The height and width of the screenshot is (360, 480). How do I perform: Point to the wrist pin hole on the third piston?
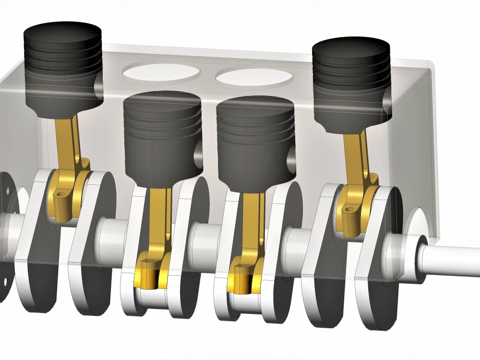tap(290, 156)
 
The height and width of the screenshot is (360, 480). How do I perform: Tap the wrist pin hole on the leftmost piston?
tap(99, 85)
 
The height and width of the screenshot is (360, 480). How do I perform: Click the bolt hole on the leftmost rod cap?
tap(60, 194)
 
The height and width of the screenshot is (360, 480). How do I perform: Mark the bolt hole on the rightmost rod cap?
tap(349, 209)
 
